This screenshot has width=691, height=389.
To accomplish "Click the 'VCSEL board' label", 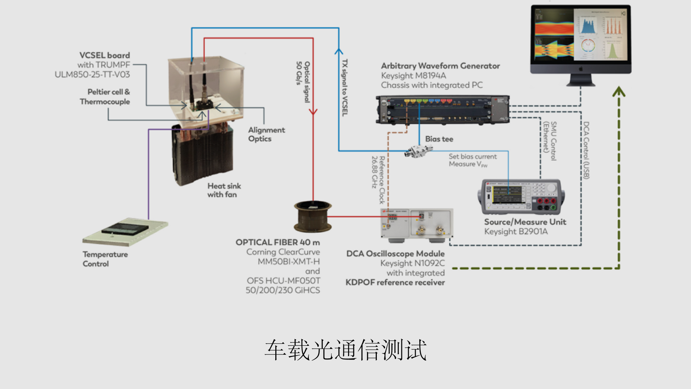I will [104, 55].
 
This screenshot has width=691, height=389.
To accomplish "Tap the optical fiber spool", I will [313, 217].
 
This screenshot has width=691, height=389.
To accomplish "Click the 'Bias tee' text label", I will [439, 139].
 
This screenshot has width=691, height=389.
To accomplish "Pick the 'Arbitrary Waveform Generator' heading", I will [440, 66].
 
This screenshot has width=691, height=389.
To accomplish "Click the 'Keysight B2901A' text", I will [516, 232].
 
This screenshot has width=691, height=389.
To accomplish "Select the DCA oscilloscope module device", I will [417, 224].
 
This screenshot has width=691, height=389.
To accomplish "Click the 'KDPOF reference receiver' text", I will [395, 282].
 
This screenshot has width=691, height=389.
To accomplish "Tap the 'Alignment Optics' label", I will [266, 134].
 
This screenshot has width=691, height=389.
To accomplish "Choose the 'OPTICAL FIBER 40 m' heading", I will [277, 242].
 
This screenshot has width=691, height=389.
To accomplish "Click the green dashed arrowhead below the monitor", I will [619, 92].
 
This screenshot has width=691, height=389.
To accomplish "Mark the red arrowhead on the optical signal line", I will [313, 112].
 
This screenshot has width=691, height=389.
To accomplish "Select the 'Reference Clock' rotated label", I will [382, 180].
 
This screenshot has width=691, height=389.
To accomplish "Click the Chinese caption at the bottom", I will [345, 350].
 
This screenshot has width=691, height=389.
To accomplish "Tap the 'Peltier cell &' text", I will [108, 92].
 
